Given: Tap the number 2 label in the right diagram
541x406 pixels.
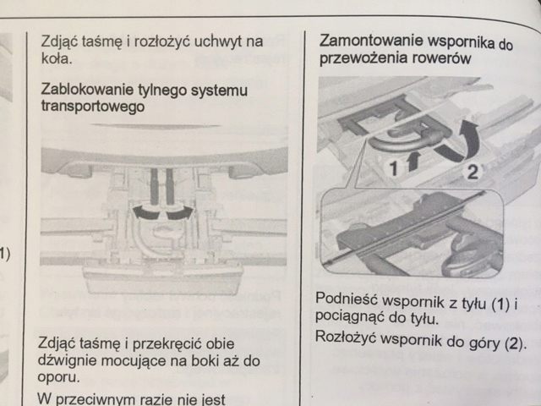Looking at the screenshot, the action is [x=475, y=173].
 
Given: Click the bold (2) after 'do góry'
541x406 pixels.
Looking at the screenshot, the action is [x=512, y=343].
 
